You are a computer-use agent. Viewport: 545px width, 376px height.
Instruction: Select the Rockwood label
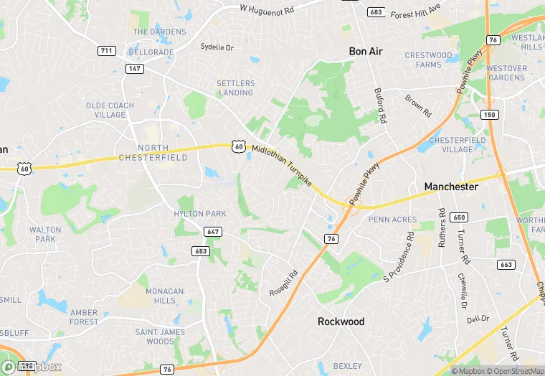point(341,321)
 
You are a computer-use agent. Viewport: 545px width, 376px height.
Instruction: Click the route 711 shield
point(106,50)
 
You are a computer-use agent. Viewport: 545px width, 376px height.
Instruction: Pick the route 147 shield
point(133,68)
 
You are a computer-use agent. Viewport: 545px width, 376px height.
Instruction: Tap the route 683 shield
point(375,12)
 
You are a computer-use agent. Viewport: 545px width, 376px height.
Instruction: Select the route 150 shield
point(490,115)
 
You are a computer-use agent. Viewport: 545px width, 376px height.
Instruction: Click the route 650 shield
point(460,217)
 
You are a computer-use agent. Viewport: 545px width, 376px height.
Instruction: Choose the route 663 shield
point(507,265)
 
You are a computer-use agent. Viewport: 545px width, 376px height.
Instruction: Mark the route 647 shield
point(213,232)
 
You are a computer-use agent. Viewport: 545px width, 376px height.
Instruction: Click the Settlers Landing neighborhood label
point(235,88)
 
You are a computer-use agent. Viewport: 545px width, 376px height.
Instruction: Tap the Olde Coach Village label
point(110,110)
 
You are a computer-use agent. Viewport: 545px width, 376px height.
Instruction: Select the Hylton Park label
point(200,213)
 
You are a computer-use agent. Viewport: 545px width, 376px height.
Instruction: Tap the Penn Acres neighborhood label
point(392,220)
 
